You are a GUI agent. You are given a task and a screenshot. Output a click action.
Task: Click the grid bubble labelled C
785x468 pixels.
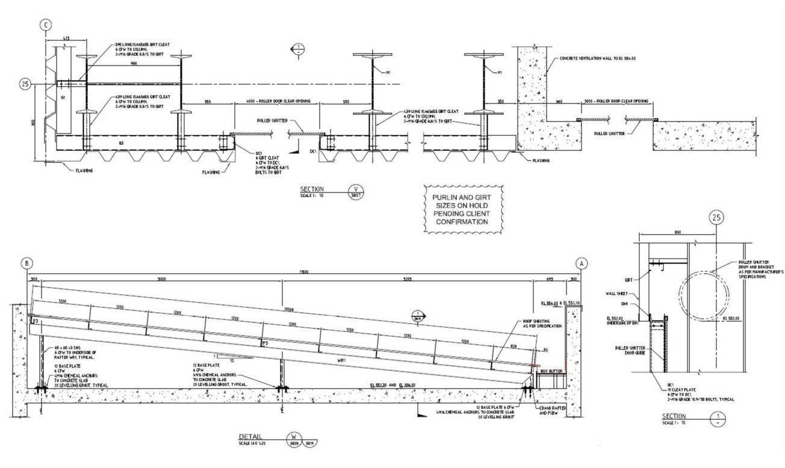click(x=45, y=25)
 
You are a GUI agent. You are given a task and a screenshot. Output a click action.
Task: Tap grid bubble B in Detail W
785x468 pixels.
click(x=26, y=263)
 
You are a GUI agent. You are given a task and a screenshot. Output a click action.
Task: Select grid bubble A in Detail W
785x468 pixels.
click(x=582, y=263)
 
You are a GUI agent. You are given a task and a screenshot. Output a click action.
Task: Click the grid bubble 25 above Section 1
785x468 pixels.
click(x=716, y=218)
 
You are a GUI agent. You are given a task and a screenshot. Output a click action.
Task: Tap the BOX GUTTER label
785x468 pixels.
click(x=551, y=372)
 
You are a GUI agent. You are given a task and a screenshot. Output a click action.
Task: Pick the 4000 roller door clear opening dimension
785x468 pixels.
click(x=278, y=102)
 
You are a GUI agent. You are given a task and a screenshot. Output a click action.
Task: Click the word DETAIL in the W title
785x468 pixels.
click(x=250, y=437)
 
